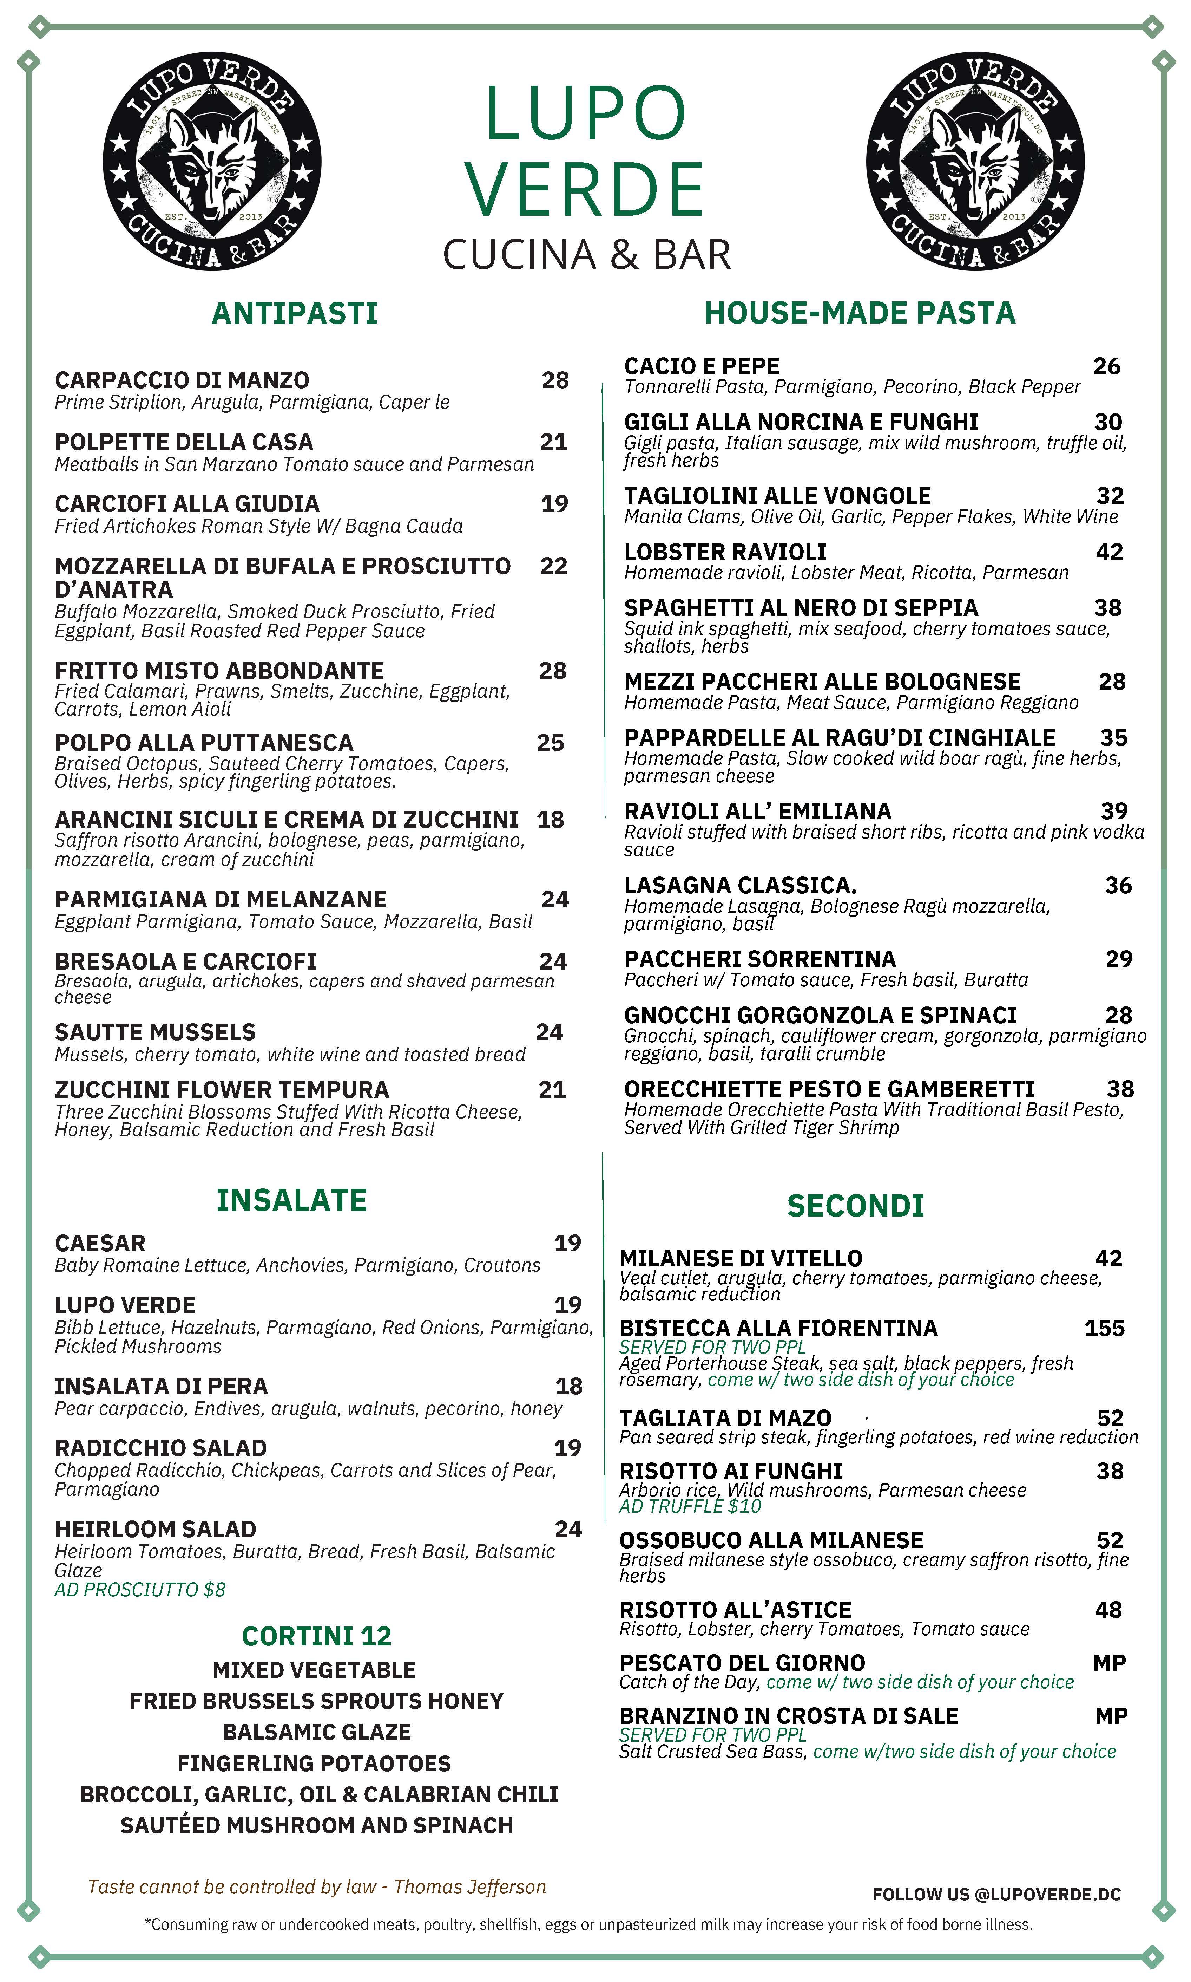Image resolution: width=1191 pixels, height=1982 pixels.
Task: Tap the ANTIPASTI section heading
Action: click(295, 313)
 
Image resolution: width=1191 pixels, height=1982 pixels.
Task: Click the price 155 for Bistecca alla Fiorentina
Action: click(1104, 1329)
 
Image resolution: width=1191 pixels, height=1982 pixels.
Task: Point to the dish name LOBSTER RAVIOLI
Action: click(725, 552)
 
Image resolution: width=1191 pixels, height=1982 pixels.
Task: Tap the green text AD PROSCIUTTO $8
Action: click(140, 1590)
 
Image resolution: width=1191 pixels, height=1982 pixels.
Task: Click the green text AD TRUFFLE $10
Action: click(689, 1506)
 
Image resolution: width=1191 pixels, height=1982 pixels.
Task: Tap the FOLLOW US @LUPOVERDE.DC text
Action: click(996, 1895)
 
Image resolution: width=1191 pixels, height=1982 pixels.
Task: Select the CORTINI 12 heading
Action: click(316, 1636)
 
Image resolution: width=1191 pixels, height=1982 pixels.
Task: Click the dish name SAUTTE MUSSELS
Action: click(155, 1032)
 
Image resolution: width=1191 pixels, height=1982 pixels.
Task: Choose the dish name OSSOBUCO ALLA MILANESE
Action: click(771, 1540)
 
